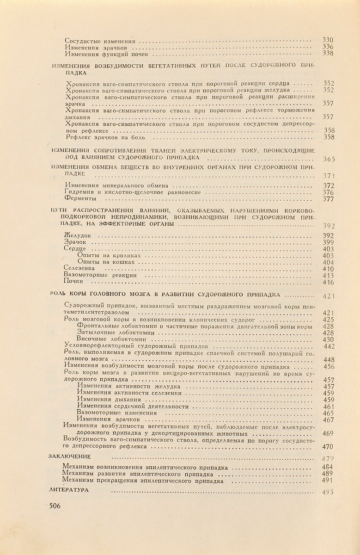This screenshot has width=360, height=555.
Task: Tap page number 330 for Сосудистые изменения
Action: [x=328, y=40]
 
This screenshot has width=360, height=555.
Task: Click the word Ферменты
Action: [x=81, y=199]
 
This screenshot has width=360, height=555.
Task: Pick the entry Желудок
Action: [x=78, y=235]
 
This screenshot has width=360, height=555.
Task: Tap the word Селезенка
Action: [x=80, y=268]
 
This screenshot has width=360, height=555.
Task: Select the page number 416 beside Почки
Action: [x=328, y=282]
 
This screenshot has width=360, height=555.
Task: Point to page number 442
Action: [x=329, y=346]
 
